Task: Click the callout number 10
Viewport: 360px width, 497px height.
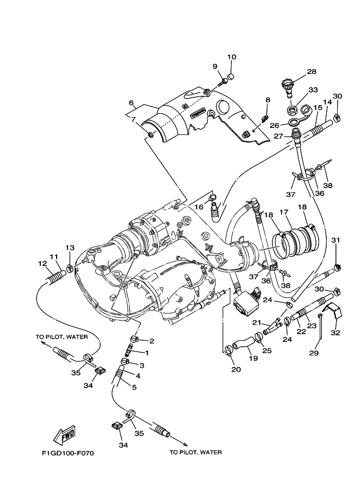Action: click(x=232, y=57)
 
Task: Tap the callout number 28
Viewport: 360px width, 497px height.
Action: click(x=312, y=72)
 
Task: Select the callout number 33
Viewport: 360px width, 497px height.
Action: click(x=313, y=90)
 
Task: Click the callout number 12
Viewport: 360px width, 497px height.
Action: click(x=42, y=263)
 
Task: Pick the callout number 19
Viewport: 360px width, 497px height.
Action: click(x=253, y=359)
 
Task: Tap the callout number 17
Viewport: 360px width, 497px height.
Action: click(x=284, y=213)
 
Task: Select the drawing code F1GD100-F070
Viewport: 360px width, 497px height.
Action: click(x=68, y=453)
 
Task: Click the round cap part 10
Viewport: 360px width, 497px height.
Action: click(x=231, y=77)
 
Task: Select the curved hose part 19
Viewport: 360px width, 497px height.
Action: click(x=241, y=343)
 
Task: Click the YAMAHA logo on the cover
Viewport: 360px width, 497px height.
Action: click(x=198, y=115)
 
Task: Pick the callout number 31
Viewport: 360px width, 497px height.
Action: click(x=335, y=240)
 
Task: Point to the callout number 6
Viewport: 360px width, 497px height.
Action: click(x=131, y=102)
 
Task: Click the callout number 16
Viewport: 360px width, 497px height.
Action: click(x=199, y=207)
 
